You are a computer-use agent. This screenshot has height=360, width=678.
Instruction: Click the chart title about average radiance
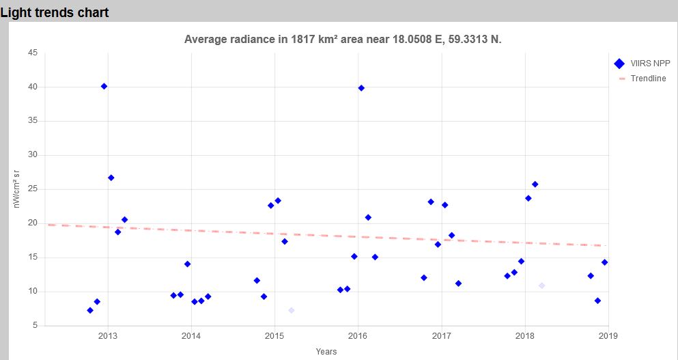tap(343, 39)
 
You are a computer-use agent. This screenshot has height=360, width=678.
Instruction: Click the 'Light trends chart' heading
tap(55, 12)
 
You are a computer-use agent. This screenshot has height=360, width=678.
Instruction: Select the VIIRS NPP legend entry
tap(641, 64)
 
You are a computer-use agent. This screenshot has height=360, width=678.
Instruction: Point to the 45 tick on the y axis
tap(33, 53)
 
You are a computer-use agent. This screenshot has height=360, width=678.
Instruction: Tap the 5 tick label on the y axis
tap(35, 326)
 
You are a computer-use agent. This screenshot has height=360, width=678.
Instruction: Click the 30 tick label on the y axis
tap(33, 155)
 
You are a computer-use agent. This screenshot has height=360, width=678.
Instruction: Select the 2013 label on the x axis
tap(108, 336)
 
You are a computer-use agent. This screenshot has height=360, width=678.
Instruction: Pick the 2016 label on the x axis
tap(358, 336)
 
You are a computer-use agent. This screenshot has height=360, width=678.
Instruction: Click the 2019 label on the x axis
tap(608, 336)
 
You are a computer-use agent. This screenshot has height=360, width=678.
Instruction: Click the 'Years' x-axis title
tap(326, 352)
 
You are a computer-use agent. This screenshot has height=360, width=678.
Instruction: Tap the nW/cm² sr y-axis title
tap(18, 189)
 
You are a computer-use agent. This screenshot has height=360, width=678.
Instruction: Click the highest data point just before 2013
tap(104, 86)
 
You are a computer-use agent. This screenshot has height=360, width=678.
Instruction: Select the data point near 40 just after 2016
tap(361, 88)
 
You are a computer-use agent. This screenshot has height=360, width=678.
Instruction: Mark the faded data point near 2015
tap(292, 310)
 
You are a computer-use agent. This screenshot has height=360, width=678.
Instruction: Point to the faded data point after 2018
tap(541, 286)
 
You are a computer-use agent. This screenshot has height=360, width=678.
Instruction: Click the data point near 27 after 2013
tap(111, 178)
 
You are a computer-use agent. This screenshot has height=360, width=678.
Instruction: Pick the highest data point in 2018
tap(535, 184)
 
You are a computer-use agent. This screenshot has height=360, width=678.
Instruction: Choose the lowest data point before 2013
tap(90, 310)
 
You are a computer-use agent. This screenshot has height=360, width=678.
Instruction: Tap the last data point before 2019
tap(604, 262)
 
